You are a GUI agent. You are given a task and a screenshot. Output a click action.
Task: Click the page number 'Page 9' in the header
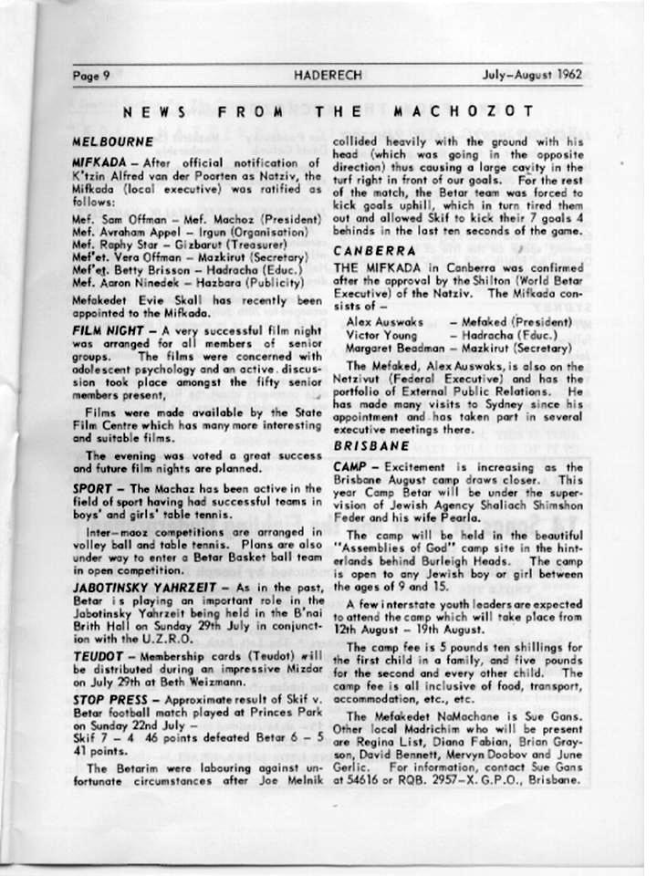[91, 76]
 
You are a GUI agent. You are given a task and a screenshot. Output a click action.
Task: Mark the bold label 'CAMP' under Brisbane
[349, 465]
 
